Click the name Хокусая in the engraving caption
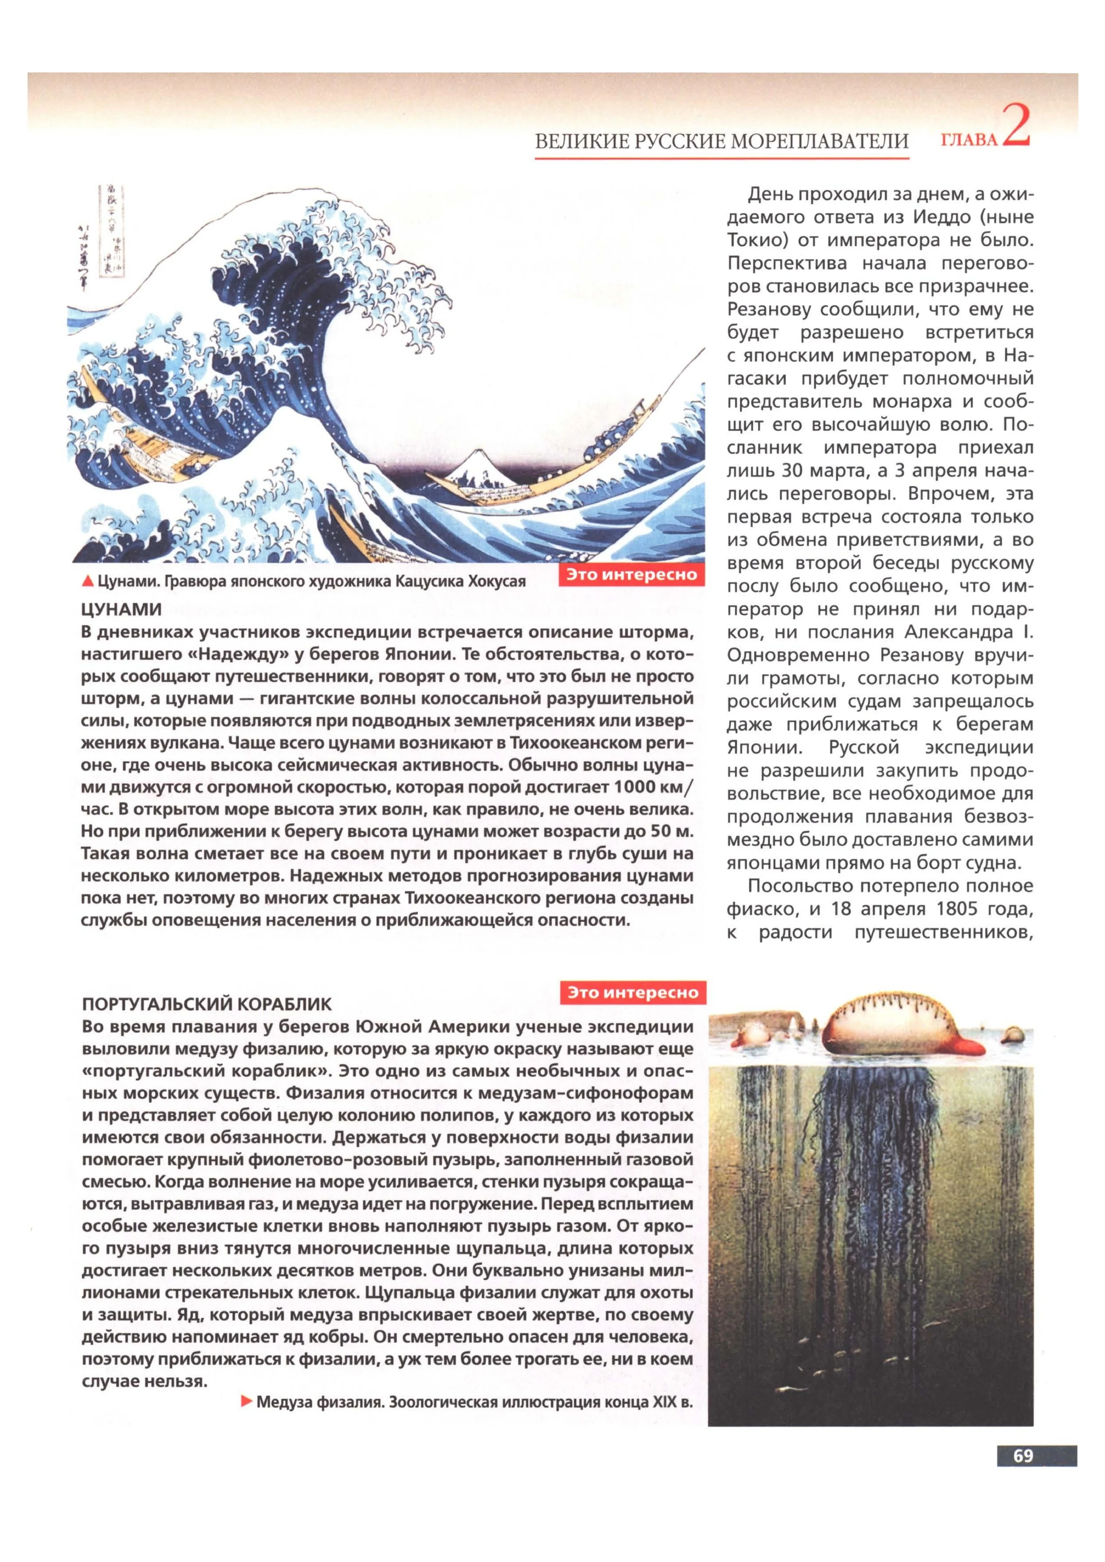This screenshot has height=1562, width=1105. [496, 582]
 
